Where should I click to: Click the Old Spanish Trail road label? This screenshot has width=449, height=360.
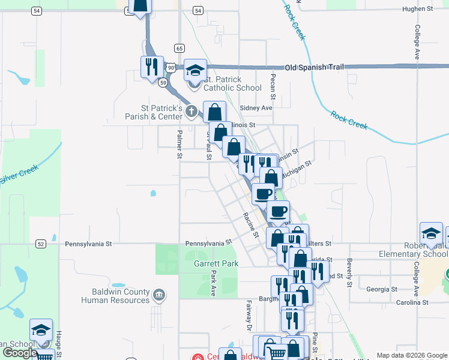314,67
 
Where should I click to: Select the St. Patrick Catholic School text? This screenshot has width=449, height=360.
224,83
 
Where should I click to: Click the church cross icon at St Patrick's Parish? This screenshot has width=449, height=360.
191,110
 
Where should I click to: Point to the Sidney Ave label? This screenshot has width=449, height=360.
256,107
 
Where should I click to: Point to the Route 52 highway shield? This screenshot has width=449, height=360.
40,244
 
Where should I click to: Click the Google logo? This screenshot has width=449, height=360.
19,352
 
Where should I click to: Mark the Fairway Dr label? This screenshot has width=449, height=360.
248,316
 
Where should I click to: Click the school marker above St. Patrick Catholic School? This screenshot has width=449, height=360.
195,71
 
